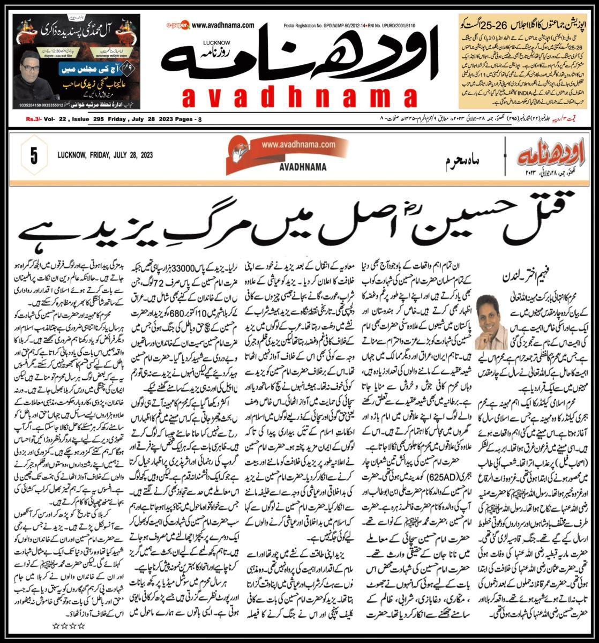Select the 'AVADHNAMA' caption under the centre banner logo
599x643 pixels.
[x=303, y=167]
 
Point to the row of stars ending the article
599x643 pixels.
[x=68, y=625]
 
